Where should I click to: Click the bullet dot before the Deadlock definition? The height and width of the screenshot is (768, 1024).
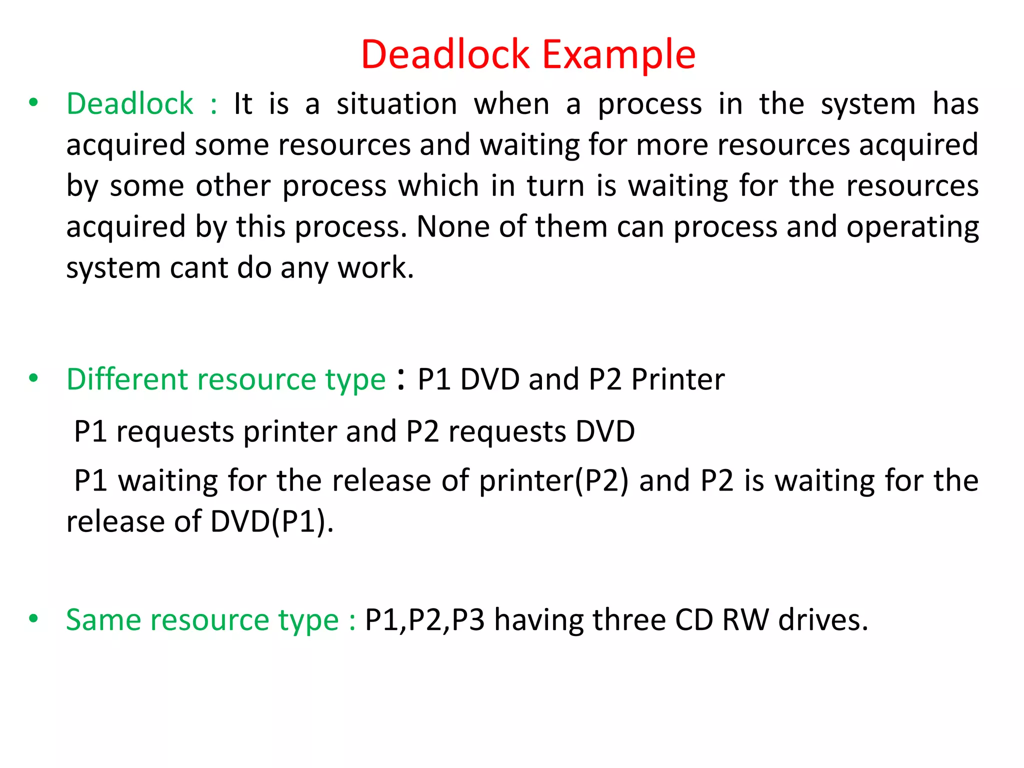33,102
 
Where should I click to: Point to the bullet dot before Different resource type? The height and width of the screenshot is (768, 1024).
33,378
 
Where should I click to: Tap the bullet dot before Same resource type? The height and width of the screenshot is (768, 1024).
33,618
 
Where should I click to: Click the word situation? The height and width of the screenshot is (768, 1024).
396,104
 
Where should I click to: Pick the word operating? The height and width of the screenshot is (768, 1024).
912,227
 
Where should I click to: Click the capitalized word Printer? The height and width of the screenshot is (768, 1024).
677,379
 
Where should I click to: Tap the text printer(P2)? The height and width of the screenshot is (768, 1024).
553,480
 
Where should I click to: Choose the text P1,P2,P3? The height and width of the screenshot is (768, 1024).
424,620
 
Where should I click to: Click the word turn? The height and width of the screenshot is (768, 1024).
555,186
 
